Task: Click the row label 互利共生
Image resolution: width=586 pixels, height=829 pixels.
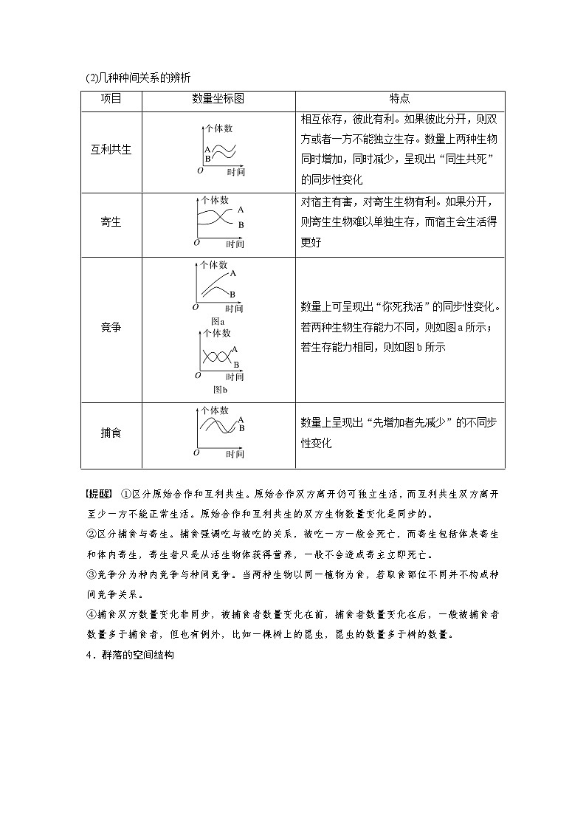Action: [111, 150]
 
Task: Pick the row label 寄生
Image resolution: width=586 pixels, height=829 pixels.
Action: [111, 222]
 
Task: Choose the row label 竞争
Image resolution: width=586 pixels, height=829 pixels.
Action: [111, 327]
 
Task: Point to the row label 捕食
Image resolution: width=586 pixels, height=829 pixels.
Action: [111, 433]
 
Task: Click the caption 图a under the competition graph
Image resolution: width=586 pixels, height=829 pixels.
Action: [218, 321]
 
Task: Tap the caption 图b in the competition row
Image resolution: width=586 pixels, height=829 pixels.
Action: [219, 389]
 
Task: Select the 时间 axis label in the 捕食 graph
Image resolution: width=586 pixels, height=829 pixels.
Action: [235, 453]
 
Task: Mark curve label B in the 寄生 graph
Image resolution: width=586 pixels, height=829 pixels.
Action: [241, 224]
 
